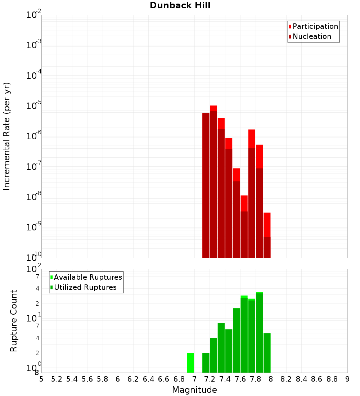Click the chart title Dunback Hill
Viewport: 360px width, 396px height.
(x=180, y=5)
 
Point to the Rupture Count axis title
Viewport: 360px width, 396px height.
(x=14, y=321)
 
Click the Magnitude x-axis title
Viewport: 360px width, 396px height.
(x=194, y=390)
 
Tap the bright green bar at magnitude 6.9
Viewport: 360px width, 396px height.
(x=190, y=363)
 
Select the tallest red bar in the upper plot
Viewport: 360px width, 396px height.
(x=213, y=108)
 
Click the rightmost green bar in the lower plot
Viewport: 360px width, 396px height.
(x=267, y=353)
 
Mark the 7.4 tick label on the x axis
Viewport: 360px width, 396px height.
(x=225, y=379)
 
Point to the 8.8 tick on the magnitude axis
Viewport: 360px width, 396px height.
(x=332, y=379)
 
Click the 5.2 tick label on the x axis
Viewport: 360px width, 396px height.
(x=57, y=379)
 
